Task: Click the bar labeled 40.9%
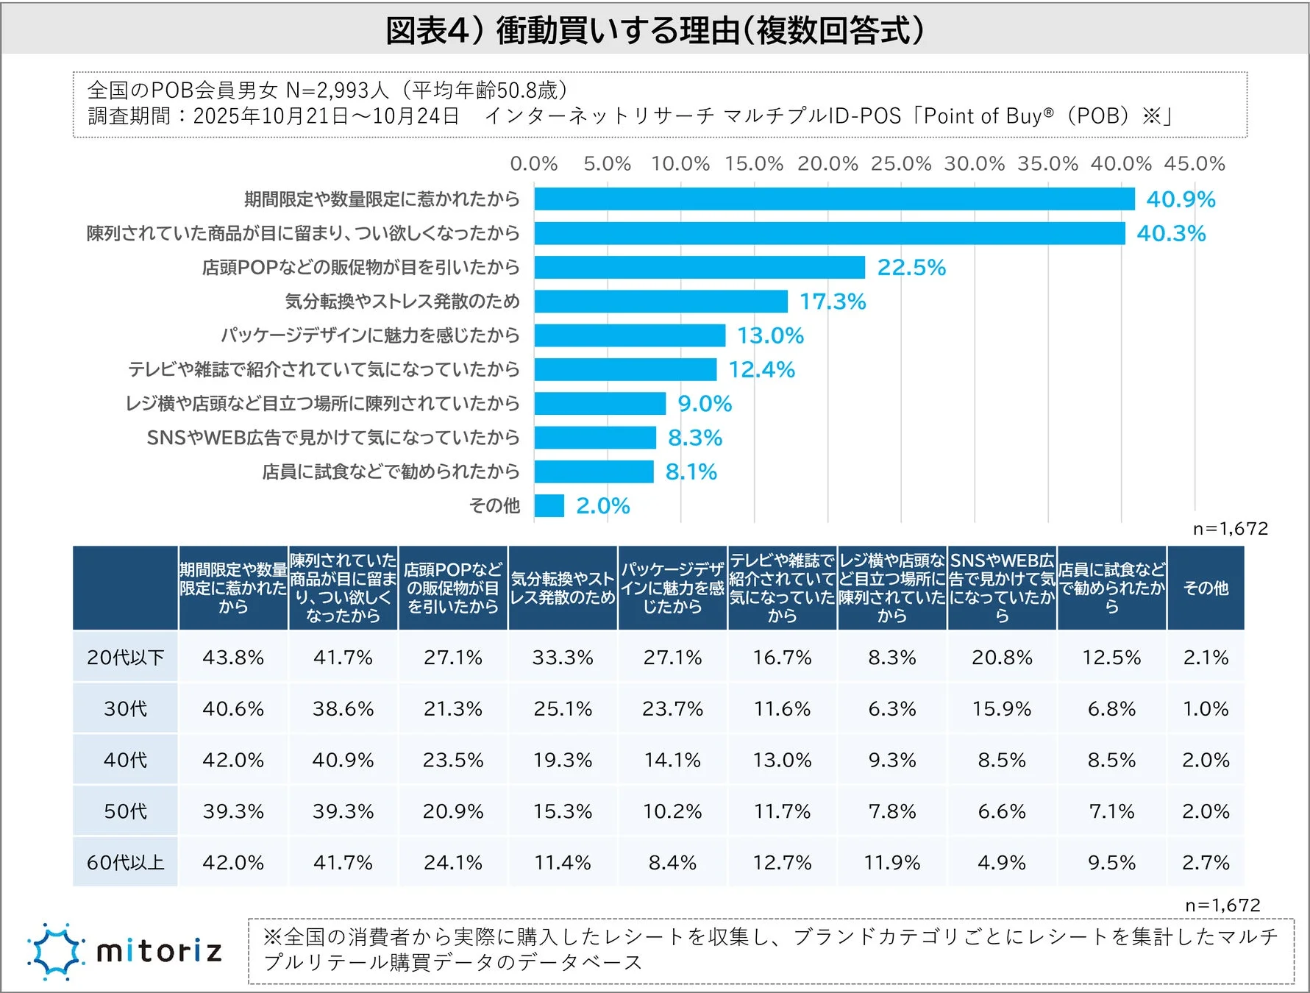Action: [834, 199]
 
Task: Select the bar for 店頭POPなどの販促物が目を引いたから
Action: [699, 267]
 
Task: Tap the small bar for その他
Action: [549, 505]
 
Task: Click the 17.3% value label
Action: [833, 302]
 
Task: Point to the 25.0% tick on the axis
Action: [901, 163]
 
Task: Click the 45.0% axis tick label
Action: [1195, 163]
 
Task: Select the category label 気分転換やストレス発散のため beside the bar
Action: [402, 301]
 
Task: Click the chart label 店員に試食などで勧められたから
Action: [391, 471]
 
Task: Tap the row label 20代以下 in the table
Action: [125, 657]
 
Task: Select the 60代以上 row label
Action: [125, 862]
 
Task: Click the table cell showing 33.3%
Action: [563, 657]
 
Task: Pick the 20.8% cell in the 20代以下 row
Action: [1002, 657]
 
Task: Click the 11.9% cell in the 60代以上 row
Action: [891, 862]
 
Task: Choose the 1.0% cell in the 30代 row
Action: [1206, 708]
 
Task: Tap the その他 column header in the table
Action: [1206, 588]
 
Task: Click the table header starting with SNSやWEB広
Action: [1002, 588]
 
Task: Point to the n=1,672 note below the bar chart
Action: [1230, 528]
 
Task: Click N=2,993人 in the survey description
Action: [337, 90]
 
